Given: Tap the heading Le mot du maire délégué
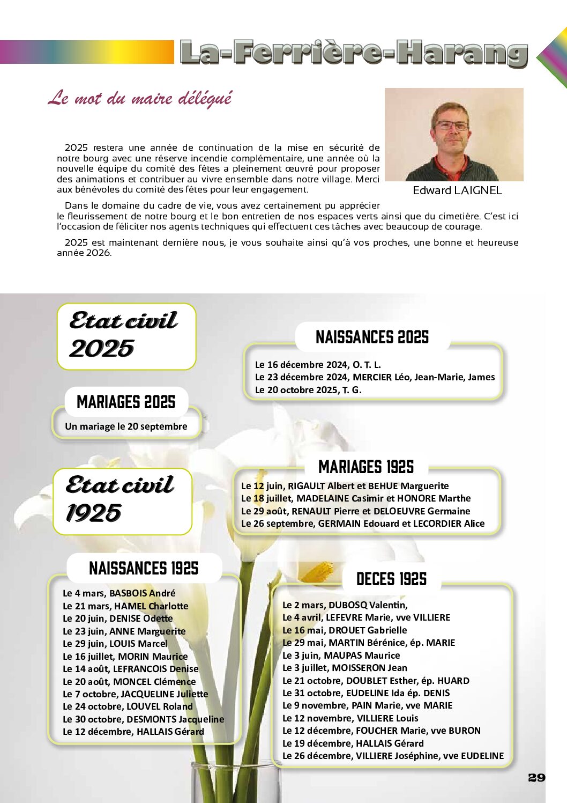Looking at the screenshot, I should coord(140,98).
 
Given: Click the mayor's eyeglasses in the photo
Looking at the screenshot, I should coord(452,126).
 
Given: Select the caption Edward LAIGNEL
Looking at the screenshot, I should coord(457,190).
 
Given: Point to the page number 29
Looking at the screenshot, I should coord(536,778).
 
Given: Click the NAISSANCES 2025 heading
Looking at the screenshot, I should coord(372,337).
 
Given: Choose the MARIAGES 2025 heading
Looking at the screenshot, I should coord(126,402).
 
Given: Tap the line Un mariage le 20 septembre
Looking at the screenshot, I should coord(126,426).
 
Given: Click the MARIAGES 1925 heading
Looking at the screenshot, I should coord(366,467).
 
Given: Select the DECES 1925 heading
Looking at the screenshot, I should coord(391,579).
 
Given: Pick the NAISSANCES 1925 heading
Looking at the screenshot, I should coord(144,568).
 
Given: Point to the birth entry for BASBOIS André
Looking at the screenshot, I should coord(119,593).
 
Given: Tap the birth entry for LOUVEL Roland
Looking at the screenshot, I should coord(128,706).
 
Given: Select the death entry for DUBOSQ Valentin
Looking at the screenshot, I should coord(345,605).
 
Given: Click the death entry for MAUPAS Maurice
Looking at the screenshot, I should coord(341,655).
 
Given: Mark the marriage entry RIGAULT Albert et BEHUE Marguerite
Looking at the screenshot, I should coord(345,486).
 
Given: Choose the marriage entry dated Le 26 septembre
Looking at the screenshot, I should coord(362,524).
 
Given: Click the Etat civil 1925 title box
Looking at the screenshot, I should coord(122,501).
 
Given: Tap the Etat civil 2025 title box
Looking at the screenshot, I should coord(126,336).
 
